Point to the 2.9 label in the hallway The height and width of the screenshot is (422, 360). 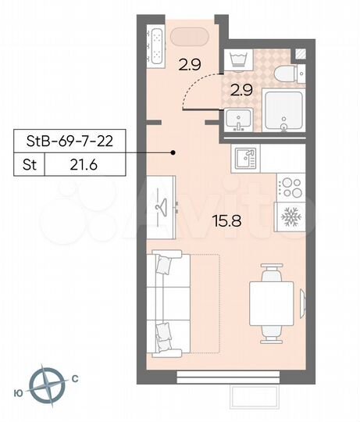point(190,65)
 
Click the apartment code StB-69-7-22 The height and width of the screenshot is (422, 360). point(71,143)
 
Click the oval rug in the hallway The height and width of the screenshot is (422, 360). point(188,36)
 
